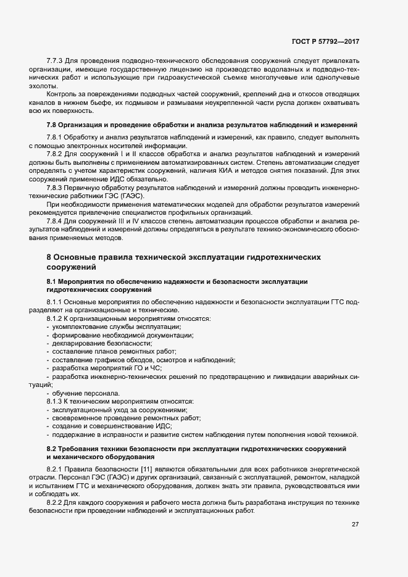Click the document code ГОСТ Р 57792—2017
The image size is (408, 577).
325,41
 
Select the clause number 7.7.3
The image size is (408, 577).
56,62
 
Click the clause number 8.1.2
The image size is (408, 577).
56,318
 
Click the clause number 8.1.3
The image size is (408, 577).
56,401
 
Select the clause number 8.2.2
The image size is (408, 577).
56,503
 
